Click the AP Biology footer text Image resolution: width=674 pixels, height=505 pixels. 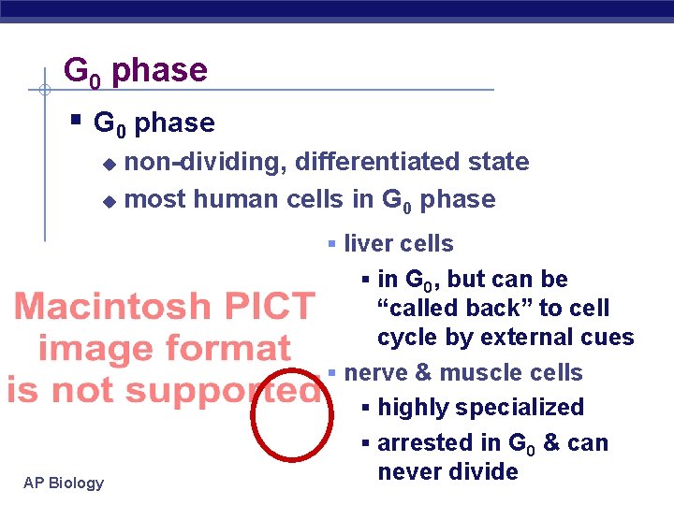click(64, 483)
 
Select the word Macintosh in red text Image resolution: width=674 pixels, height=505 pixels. click(113, 307)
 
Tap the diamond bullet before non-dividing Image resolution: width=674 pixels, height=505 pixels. click(109, 164)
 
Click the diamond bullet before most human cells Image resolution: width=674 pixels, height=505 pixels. click(109, 200)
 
